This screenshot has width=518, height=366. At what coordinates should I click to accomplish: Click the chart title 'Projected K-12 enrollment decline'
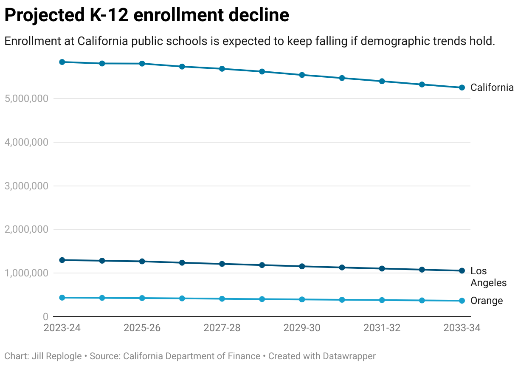coord(146,16)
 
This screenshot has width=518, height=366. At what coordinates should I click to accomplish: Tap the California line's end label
coord(492,88)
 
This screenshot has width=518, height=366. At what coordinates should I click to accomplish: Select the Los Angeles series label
coord(488,277)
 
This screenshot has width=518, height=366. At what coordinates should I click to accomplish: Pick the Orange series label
coord(487,301)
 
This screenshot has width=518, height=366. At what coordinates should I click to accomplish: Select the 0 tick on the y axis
coord(45,317)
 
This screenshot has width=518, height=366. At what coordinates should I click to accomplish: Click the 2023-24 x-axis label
coord(62,328)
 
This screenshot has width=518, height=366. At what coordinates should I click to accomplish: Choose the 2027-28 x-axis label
coord(222,328)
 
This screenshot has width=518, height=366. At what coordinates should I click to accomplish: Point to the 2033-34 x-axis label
coord(462,328)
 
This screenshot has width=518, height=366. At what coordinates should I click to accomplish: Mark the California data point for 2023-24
coord(62,62)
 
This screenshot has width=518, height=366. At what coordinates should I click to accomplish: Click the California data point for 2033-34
coord(462,87)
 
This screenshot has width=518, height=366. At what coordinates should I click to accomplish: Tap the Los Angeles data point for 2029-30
coord(302,266)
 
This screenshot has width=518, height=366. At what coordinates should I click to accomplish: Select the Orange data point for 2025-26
coord(142,298)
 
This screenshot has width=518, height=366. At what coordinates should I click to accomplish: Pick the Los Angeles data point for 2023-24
coord(62,260)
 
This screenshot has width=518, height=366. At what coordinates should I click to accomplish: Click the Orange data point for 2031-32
coord(382,300)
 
